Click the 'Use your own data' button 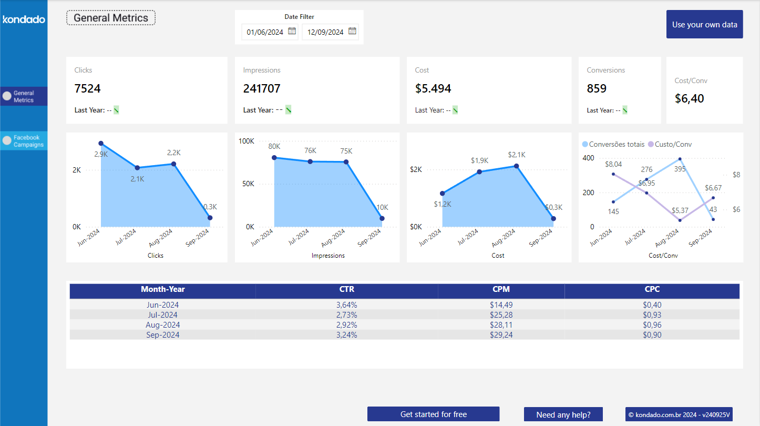pos(704,24)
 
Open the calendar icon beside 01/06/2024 pos(292,31)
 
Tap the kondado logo pos(24,19)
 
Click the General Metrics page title pos(111,18)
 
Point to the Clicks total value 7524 pos(87,88)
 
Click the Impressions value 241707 pos(262,88)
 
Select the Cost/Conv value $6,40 pos(689,98)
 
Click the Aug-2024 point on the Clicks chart pos(174,164)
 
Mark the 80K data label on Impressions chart pos(274,146)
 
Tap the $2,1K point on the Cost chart pos(516,166)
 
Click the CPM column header pos(501,289)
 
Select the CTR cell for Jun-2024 pos(346,305)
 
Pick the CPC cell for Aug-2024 pos(652,325)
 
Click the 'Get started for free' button pos(433,414)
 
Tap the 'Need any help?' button pos(563,414)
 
